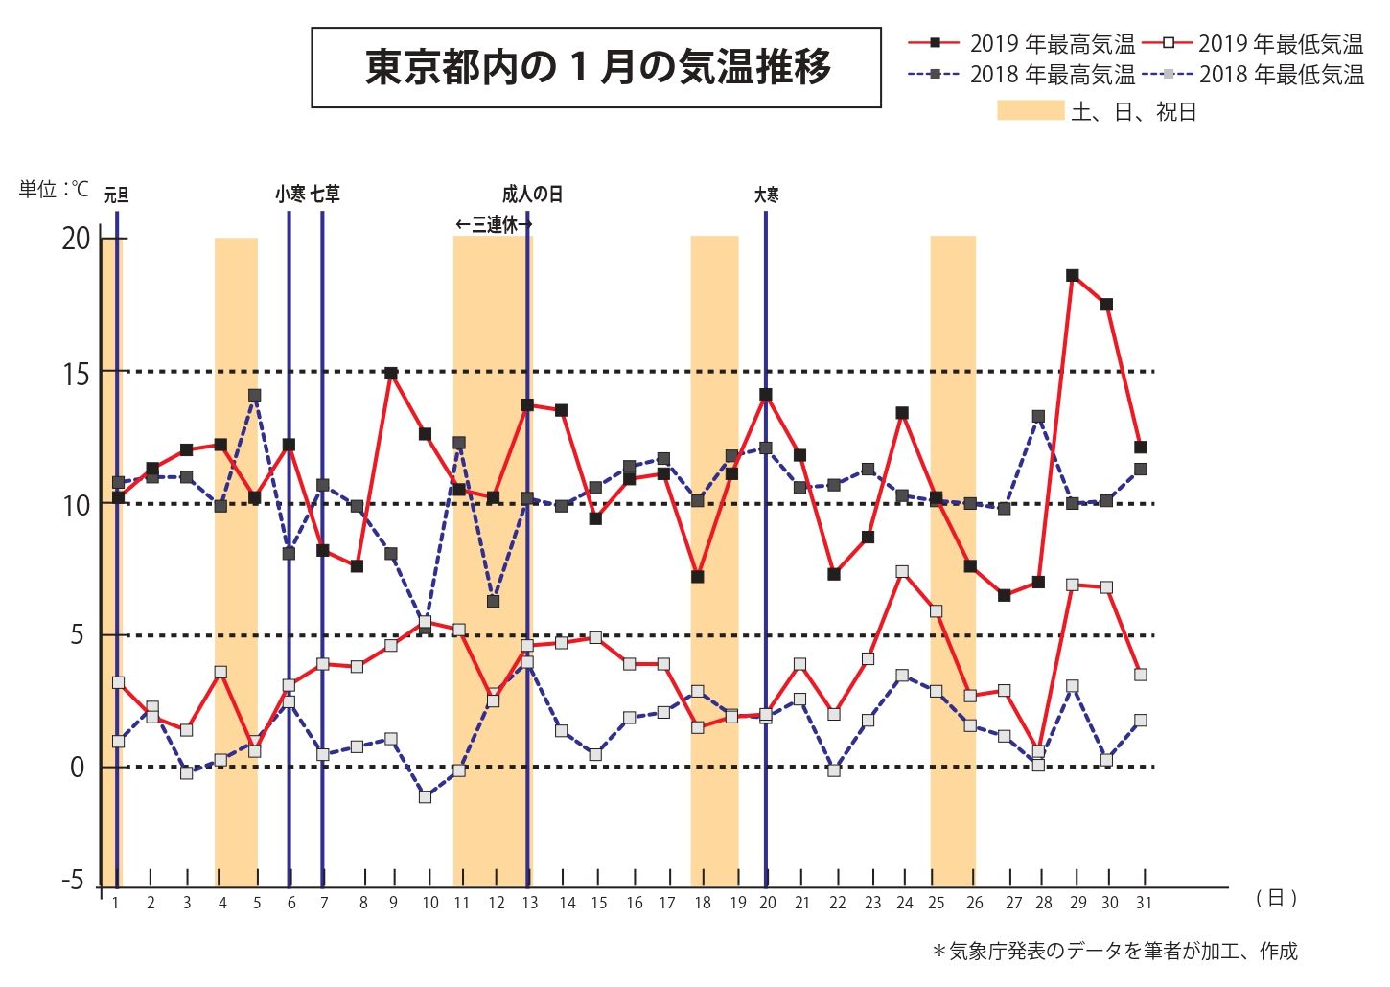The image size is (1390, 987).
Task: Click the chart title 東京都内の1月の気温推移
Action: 596,67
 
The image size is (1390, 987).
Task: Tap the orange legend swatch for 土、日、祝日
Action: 1031,110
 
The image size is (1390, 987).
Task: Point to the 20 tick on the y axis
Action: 76,239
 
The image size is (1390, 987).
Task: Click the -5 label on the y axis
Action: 73,881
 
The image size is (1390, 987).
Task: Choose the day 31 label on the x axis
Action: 1142,903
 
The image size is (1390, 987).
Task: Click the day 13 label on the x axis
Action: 529,903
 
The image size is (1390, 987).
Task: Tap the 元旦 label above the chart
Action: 116,195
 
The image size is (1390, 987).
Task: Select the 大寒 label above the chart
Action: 766,195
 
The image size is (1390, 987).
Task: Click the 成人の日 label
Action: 532,195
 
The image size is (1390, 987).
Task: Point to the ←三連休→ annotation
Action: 493,224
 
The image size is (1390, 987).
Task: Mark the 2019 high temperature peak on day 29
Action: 1073,276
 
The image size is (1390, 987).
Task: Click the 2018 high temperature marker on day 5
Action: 254,395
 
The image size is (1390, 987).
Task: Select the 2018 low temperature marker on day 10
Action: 425,796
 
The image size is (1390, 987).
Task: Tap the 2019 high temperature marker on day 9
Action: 391,373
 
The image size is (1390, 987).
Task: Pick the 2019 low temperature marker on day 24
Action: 902,571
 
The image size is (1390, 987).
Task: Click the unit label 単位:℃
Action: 54,190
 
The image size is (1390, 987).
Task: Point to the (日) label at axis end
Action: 1276,898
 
